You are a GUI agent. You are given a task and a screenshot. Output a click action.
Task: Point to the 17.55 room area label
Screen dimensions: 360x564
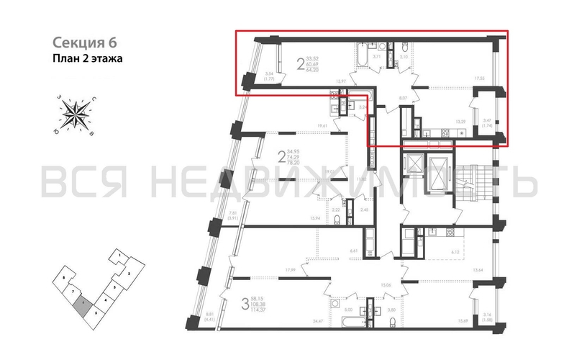point(478,78)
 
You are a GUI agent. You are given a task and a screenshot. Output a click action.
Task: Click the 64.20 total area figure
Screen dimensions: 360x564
point(312,71)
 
